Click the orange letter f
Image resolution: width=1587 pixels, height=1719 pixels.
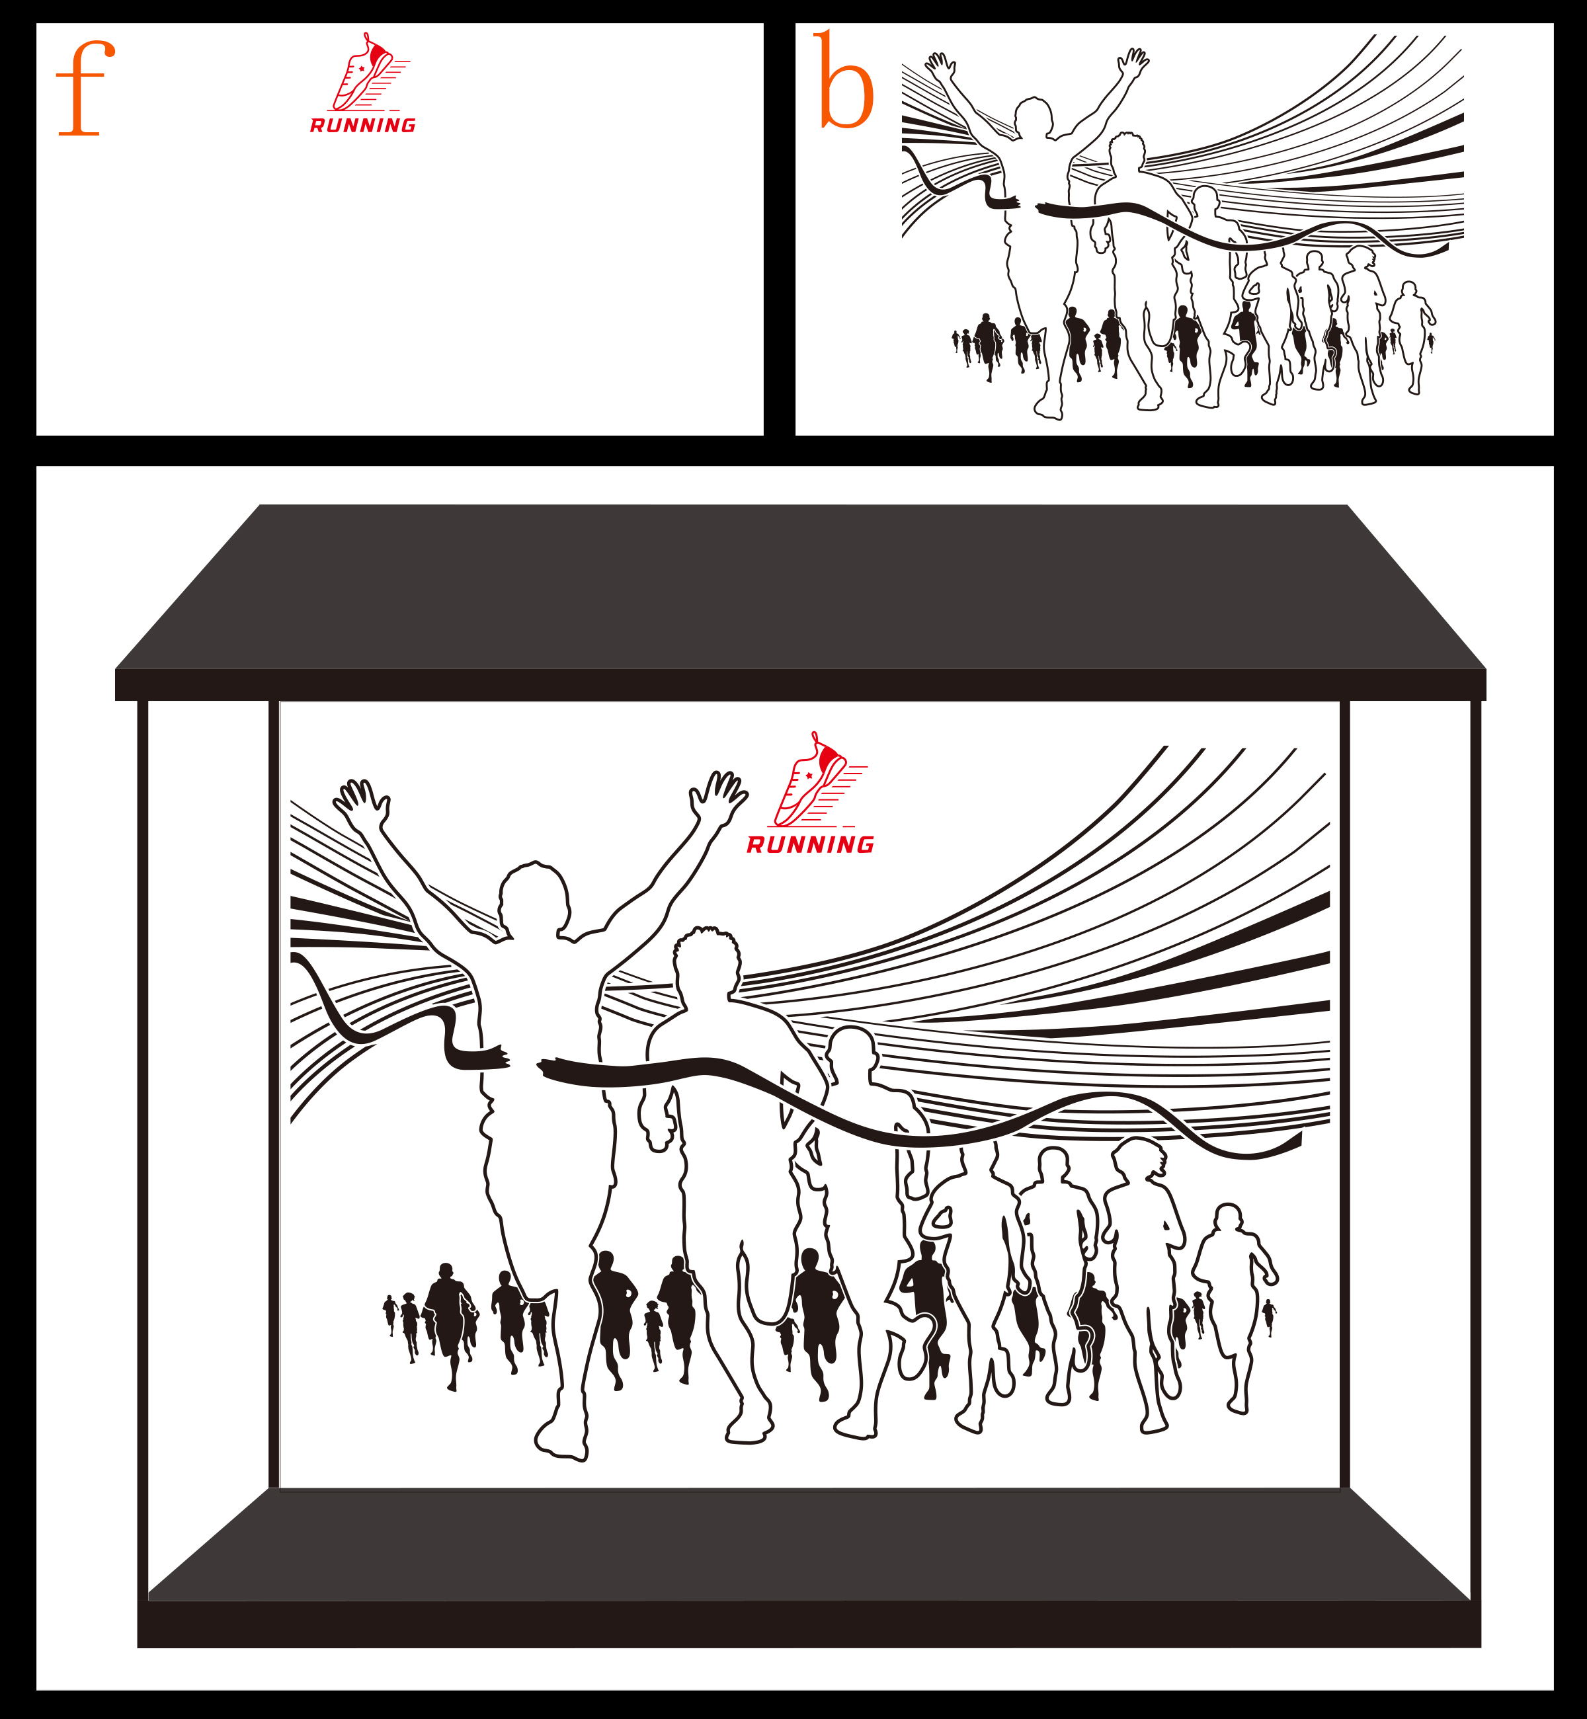point(83,90)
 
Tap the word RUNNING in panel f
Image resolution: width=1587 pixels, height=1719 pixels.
point(362,126)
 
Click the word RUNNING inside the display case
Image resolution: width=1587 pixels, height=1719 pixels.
point(810,845)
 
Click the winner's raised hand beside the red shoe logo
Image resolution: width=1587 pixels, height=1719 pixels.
point(719,796)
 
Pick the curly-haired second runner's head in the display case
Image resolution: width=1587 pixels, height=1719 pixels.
point(707,962)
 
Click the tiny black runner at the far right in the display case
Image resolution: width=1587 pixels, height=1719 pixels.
point(1268,1317)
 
